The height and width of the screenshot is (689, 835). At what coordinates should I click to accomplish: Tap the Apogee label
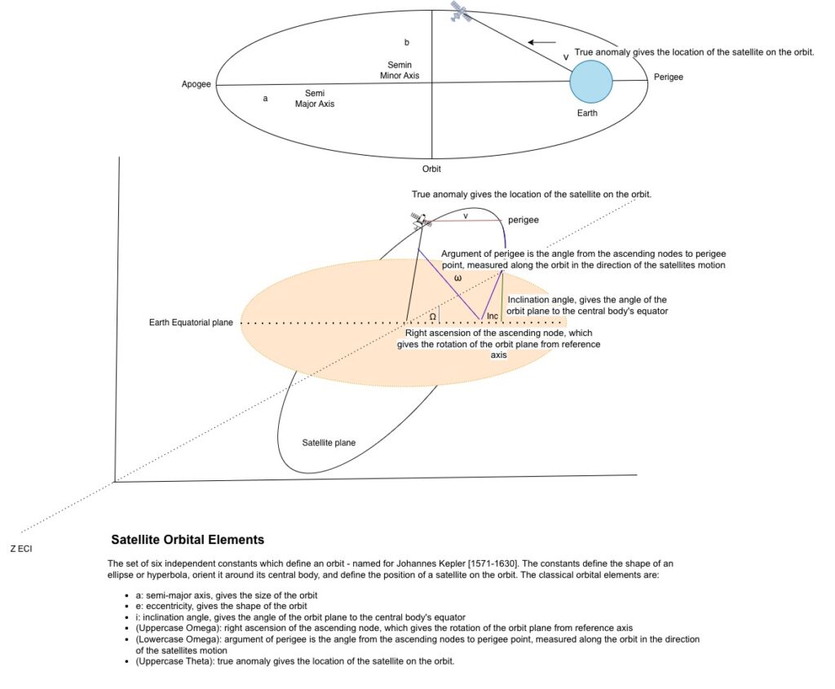click(197, 84)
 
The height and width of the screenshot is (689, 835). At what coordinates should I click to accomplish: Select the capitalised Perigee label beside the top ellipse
click(668, 77)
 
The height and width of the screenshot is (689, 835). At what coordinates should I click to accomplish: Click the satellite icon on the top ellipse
click(461, 11)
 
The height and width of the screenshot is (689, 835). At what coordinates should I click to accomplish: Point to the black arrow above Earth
click(541, 42)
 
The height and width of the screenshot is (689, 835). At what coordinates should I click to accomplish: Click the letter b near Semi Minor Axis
click(407, 42)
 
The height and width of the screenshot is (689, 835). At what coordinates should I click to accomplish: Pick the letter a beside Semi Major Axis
click(265, 98)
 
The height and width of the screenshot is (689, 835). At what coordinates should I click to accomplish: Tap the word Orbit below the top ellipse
click(431, 169)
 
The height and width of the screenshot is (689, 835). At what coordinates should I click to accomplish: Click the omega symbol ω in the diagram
click(457, 278)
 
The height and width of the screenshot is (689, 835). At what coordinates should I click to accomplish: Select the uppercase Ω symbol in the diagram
click(433, 316)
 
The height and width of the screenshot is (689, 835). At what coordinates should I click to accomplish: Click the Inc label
click(493, 316)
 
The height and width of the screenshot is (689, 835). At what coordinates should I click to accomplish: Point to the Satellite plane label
click(329, 443)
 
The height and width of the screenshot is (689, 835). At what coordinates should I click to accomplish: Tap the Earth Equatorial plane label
click(191, 323)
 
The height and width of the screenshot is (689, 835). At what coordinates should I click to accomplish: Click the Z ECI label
click(21, 549)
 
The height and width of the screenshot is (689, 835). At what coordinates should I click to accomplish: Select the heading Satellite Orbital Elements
click(188, 540)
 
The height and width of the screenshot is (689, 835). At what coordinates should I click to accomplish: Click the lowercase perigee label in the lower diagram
click(524, 220)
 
